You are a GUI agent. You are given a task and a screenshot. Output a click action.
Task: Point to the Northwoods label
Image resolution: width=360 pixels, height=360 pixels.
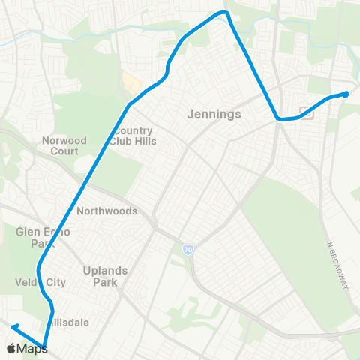106,211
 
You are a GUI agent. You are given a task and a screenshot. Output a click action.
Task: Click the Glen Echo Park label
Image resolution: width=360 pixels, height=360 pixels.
43,237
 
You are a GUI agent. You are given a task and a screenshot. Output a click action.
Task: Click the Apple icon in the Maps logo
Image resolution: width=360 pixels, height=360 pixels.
11,347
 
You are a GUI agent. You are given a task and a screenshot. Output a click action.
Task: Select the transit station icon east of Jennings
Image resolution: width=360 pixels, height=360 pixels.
306,113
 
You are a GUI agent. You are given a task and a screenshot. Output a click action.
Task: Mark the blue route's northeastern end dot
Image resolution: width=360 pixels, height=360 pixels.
346,94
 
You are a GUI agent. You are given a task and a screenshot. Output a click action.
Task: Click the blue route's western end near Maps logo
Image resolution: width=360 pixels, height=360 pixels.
13,326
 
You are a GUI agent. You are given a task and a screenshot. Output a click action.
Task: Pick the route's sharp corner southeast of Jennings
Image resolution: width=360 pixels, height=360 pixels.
278,118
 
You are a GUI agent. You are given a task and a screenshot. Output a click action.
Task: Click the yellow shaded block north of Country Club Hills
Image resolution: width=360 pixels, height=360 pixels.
132,83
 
